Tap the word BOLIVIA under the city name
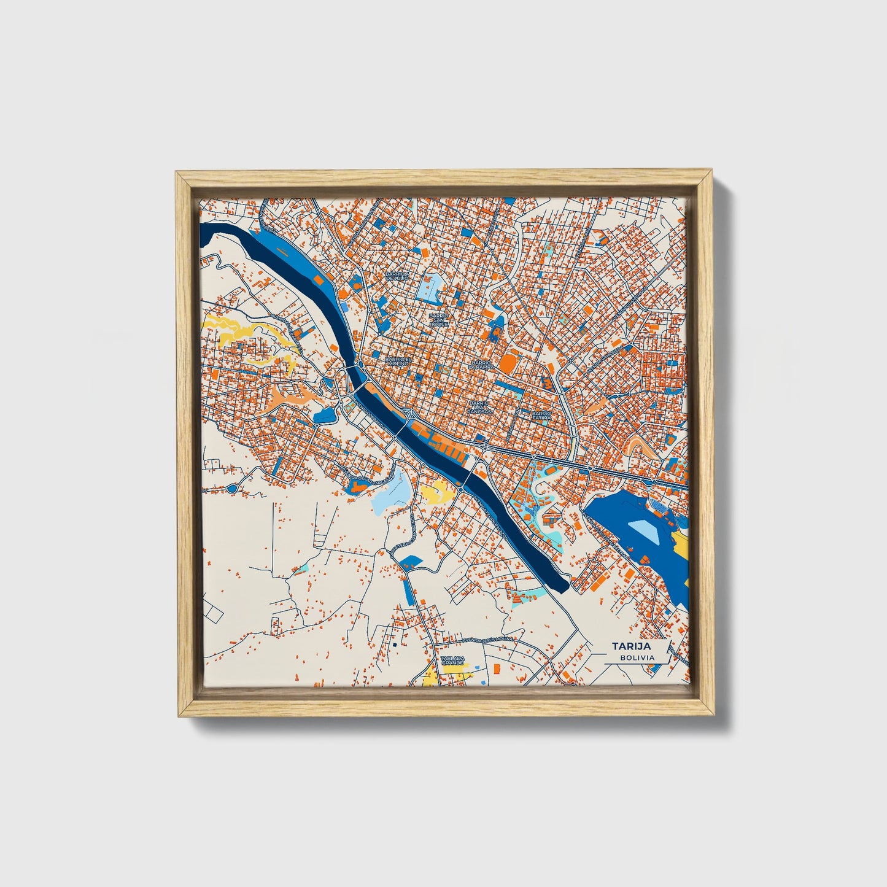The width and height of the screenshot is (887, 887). [637, 657]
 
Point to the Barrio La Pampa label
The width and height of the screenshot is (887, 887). [481, 365]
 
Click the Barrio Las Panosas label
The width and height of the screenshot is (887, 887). [479, 407]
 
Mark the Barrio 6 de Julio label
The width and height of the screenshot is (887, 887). [397, 276]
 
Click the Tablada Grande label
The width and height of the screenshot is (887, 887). [453, 660]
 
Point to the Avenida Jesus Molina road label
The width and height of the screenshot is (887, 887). [487, 639]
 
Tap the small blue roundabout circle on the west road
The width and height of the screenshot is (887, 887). [231, 489]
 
